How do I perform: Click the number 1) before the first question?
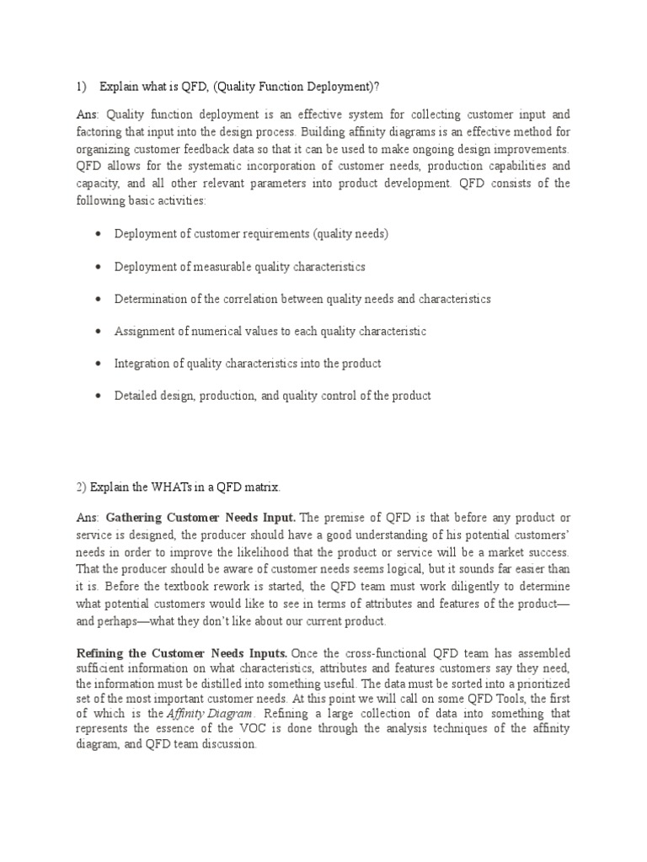pyautogui.click(x=82, y=86)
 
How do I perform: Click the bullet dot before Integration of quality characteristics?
pyautogui.click(x=99, y=364)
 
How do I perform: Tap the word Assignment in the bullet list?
pyautogui.click(x=145, y=332)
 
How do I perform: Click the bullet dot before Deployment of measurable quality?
pyautogui.click(x=99, y=267)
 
